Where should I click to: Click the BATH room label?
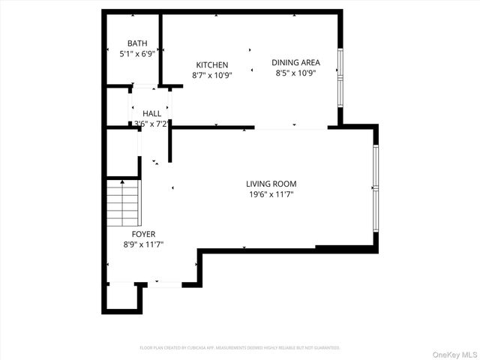137,43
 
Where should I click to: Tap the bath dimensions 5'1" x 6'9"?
137,54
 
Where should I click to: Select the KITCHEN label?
212,65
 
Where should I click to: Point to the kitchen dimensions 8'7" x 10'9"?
212,76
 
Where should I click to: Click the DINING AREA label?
295,63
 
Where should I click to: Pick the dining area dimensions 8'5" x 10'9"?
295,73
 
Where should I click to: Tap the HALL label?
151,113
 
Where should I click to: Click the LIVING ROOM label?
271,184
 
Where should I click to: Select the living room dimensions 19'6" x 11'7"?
271,194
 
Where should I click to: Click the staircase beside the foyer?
122,203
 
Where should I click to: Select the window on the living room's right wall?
376,186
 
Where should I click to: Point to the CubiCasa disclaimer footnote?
240,348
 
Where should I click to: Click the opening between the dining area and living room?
291,128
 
